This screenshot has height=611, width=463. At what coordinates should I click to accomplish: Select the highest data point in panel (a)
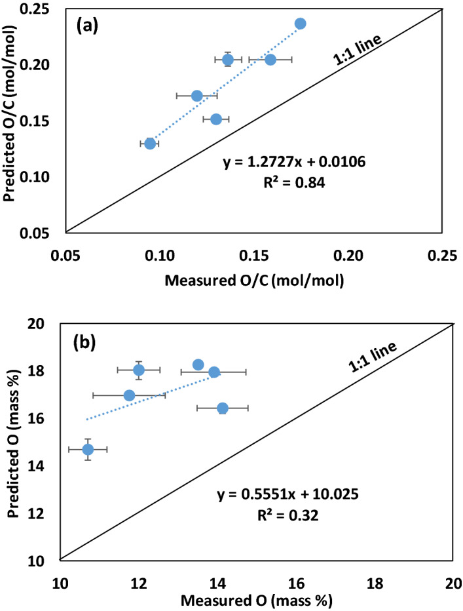[300, 24]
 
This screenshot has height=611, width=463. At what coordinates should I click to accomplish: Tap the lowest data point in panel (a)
[150, 144]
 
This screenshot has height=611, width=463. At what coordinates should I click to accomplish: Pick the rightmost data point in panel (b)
[223, 408]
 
